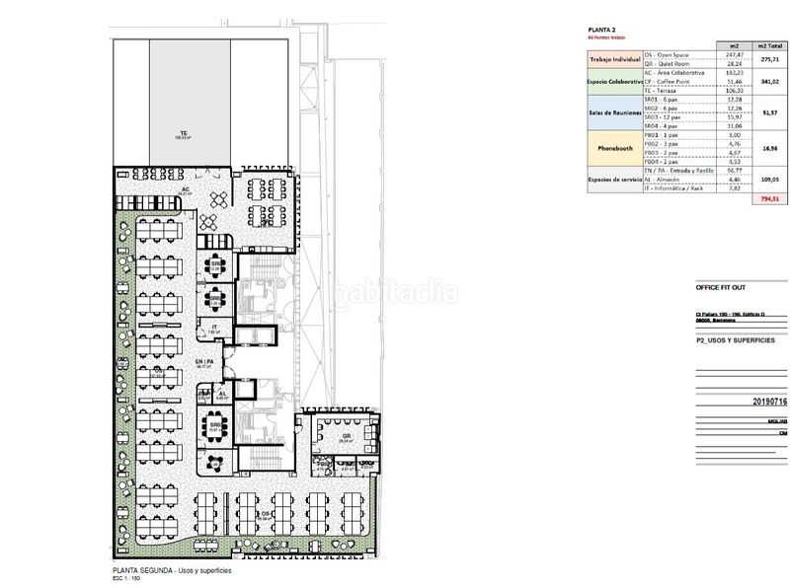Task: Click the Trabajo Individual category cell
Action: (x=608, y=62)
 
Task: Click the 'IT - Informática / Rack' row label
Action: (x=677, y=189)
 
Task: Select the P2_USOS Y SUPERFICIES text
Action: (x=736, y=338)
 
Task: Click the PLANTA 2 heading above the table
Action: (x=602, y=30)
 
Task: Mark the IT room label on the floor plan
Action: (x=214, y=328)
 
